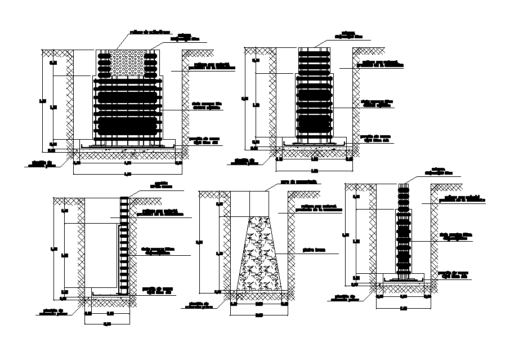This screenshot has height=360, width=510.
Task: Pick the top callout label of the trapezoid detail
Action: pyautogui.click(x=298, y=181)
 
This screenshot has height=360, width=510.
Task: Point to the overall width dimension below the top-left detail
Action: pyautogui.click(x=127, y=174)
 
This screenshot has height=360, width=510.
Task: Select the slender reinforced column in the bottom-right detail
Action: pyautogui.click(x=402, y=231)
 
